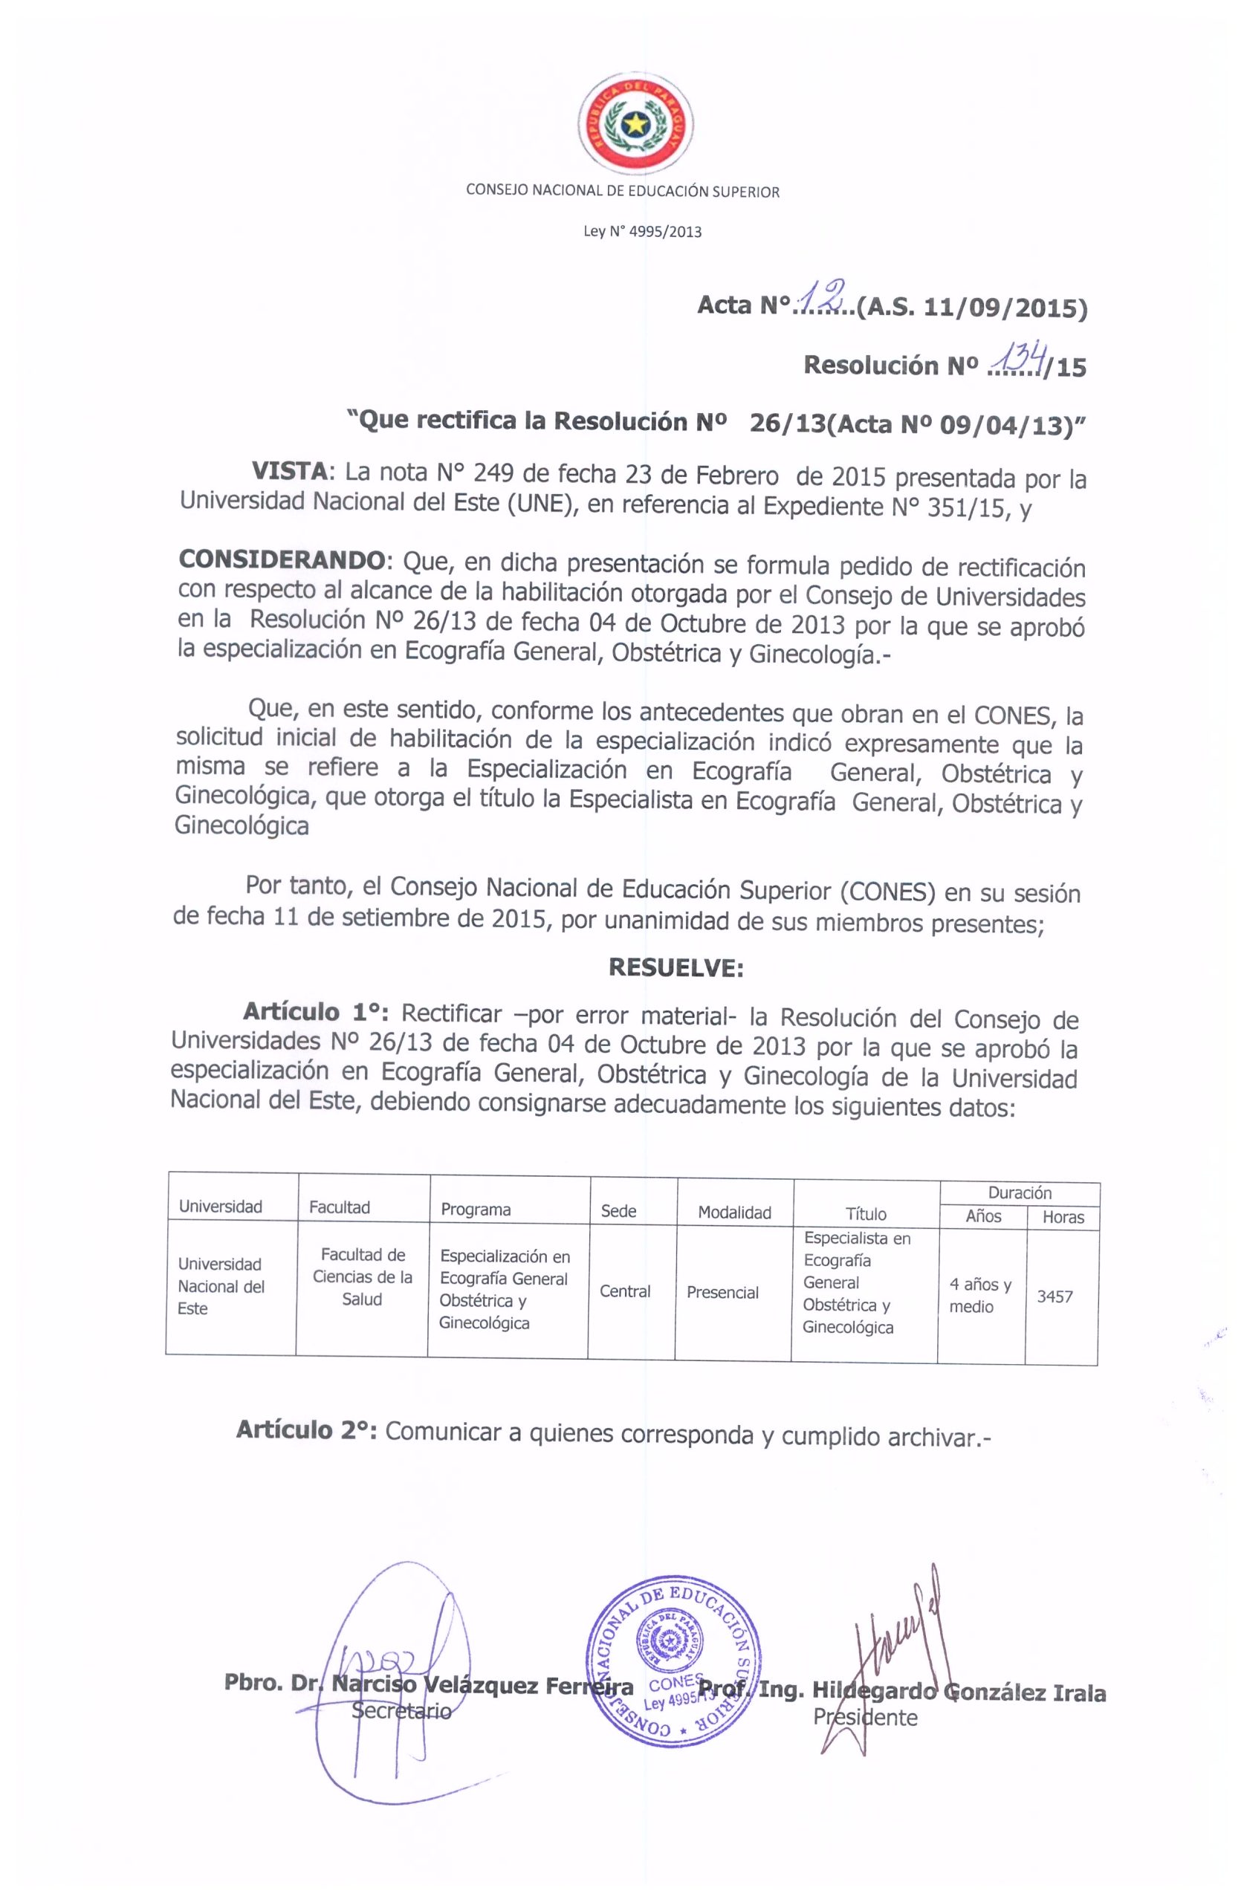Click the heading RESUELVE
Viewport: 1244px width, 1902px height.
(x=676, y=968)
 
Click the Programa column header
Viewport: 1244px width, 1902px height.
(x=476, y=1209)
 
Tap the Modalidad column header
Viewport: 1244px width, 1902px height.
(x=734, y=1213)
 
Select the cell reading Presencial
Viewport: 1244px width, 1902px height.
(x=722, y=1293)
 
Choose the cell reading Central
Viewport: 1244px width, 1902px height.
(x=624, y=1291)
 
